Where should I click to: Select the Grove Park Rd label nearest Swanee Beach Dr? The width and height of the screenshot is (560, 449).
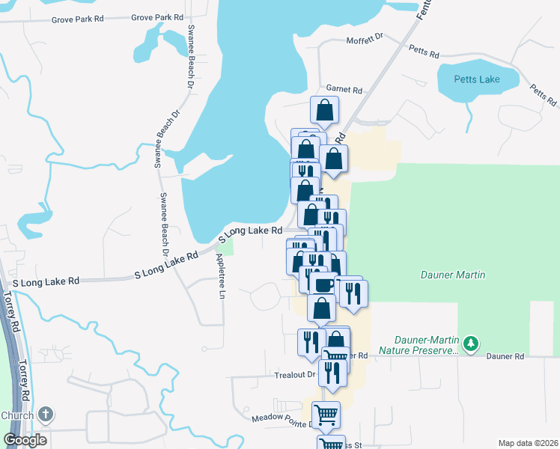tap(157, 16)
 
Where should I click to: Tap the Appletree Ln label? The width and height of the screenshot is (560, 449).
tap(220, 273)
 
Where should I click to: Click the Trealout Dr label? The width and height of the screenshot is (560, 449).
tap(295, 375)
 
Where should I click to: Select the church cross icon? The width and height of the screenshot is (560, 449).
tap(46, 414)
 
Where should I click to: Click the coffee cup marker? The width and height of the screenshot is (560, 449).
tap(323, 284)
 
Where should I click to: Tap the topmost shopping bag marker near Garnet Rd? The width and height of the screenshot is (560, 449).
tap(325, 109)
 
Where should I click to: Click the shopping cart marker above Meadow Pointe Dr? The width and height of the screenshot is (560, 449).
tap(326, 413)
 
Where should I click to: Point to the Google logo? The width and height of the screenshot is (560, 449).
tap(25, 440)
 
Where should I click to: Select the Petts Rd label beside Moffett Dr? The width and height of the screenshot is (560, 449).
tap(424, 51)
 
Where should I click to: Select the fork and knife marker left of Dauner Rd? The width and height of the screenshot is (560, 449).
tap(310, 341)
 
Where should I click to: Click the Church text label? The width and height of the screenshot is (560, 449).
tap(16, 415)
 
